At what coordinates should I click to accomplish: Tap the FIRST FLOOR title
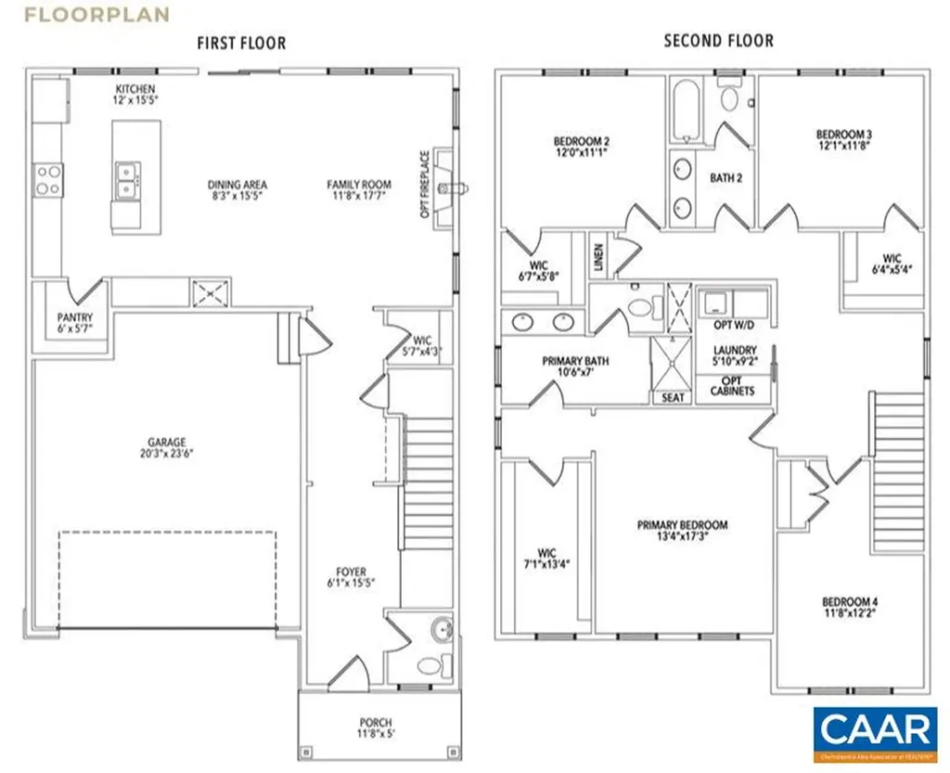click(x=241, y=43)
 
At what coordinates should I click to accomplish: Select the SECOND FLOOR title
click(x=718, y=41)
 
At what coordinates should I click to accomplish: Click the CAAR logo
click(x=875, y=729)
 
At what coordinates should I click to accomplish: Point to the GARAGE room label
click(x=166, y=447)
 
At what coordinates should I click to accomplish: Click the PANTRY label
click(x=74, y=323)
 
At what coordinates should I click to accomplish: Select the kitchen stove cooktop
click(x=47, y=179)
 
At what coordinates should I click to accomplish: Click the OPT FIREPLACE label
click(x=425, y=185)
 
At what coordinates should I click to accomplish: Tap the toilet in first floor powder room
click(x=430, y=664)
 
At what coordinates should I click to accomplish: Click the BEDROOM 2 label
click(x=581, y=147)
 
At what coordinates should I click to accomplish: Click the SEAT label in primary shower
click(x=674, y=397)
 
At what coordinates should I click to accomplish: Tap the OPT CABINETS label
click(x=732, y=386)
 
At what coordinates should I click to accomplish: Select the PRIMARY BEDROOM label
click(x=682, y=530)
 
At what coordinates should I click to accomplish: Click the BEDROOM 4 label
click(x=849, y=607)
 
